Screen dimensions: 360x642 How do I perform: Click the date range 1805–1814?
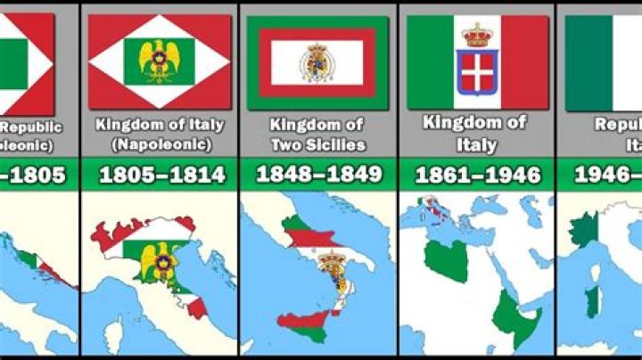click(x=160, y=176)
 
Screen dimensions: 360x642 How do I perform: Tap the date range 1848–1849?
click(x=318, y=176)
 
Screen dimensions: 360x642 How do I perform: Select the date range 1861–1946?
click(x=477, y=176)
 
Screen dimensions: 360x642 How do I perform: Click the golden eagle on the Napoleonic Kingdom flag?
click(x=159, y=59)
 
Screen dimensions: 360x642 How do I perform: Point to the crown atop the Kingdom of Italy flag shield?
click(x=477, y=36)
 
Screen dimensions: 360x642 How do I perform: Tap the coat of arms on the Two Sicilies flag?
click(x=318, y=62)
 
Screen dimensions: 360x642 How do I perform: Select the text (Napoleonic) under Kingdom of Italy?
click(x=160, y=143)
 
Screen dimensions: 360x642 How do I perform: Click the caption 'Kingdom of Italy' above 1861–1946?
click(x=477, y=133)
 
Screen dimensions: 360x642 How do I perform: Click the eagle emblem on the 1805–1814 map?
click(x=160, y=266)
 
